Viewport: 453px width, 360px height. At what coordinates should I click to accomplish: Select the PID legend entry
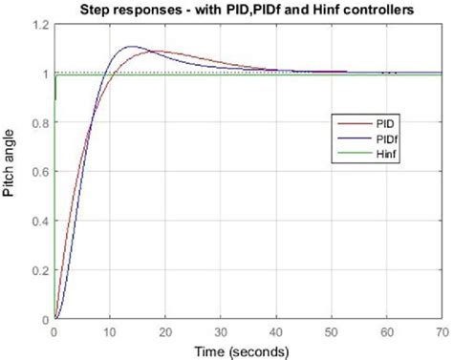(377, 124)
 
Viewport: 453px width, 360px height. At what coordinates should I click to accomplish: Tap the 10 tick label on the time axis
(109, 330)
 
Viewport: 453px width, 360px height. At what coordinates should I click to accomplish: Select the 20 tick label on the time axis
(164, 330)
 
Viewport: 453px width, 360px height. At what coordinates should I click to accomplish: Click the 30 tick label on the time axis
(220, 330)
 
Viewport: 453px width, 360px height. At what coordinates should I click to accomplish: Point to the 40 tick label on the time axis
(275, 330)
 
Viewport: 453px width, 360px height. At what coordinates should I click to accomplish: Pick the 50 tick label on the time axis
(331, 330)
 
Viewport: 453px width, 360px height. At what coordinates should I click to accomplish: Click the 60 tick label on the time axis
(386, 330)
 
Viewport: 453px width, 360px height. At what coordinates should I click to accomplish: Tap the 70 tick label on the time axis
(440, 330)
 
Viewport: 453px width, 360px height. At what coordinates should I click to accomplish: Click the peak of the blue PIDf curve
(131, 47)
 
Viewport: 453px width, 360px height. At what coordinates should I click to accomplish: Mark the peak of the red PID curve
(158, 52)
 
